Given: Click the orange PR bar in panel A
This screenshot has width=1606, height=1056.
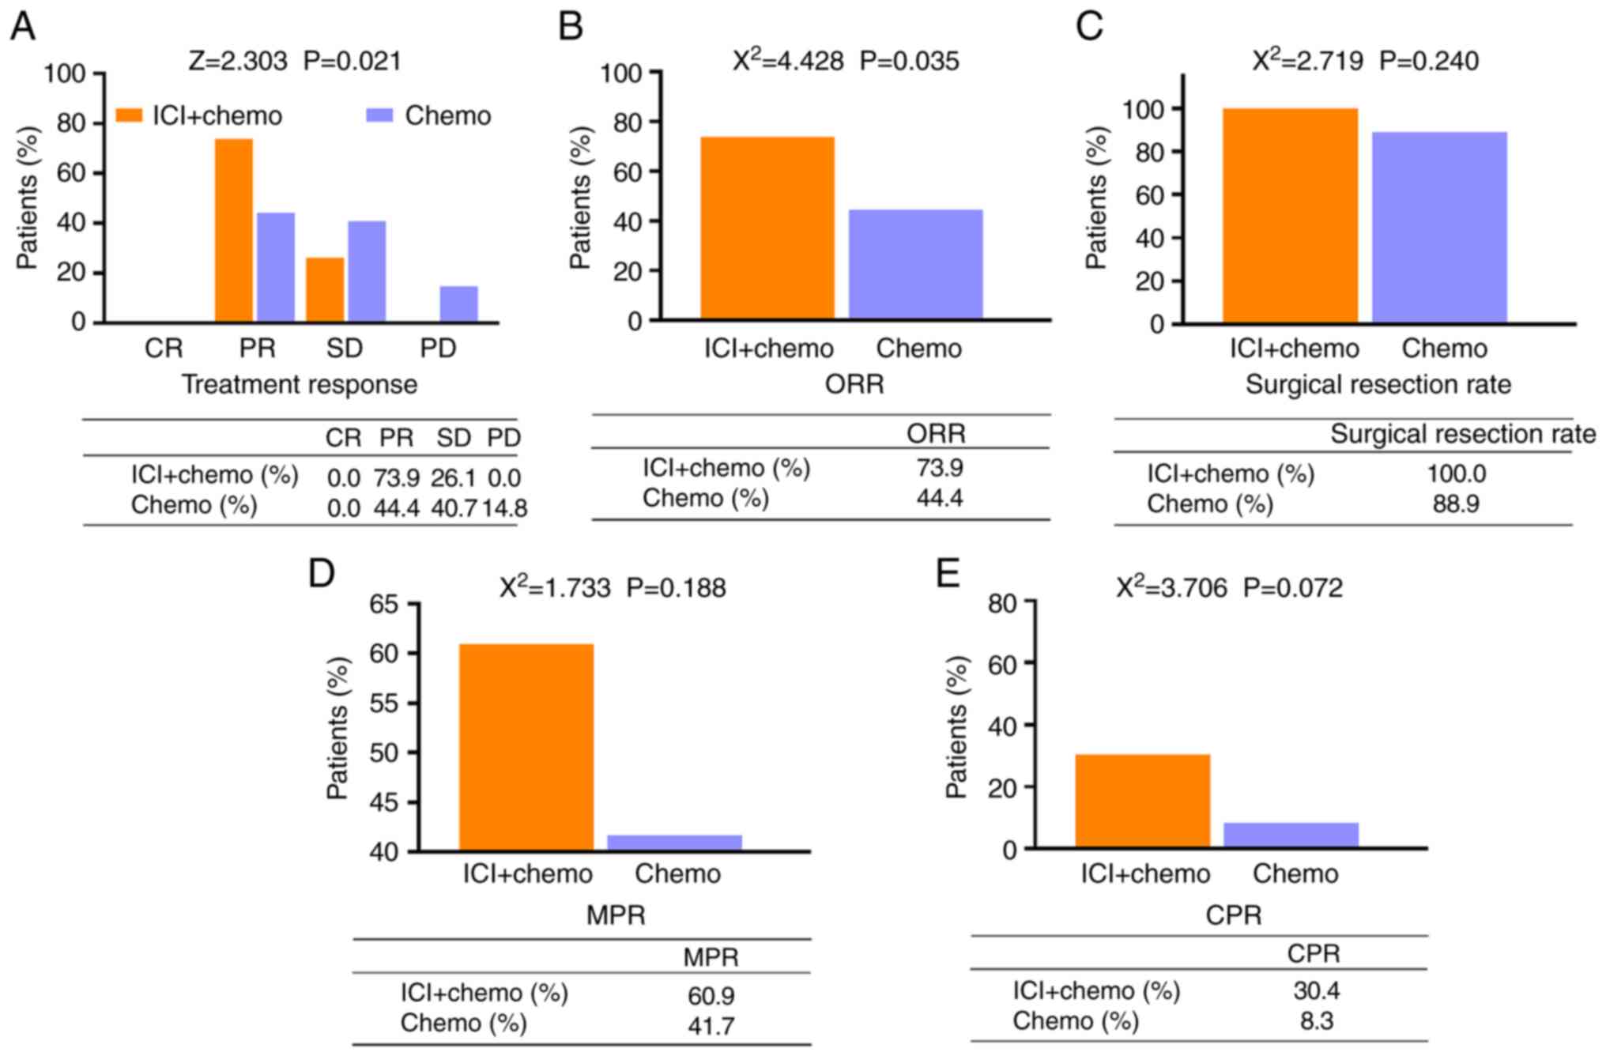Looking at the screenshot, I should [234, 230].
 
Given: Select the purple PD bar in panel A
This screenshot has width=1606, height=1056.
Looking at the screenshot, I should [458, 304].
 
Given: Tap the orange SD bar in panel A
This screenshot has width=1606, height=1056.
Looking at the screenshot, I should [325, 289].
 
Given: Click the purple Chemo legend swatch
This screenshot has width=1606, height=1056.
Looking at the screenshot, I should [379, 115].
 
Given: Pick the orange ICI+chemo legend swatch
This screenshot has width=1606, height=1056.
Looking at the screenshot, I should [129, 115].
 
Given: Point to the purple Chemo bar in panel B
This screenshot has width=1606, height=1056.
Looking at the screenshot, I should [915, 264].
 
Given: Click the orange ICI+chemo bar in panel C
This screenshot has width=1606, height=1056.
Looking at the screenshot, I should [1290, 215].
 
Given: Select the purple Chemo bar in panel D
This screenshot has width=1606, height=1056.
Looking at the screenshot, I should [674, 843].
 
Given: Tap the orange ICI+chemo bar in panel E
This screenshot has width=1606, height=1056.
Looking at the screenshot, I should [1142, 801].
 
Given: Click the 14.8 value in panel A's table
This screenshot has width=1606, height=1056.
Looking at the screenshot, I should [505, 507].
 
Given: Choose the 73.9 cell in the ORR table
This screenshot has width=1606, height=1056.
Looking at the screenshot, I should [939, 468].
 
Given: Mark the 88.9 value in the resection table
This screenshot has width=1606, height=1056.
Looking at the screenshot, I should [1456, 504].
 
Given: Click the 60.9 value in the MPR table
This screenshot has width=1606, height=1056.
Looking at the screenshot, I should [711, 995].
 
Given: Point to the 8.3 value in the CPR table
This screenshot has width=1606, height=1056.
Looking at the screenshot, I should [1316, 1021].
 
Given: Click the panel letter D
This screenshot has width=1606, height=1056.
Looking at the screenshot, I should [322, 574].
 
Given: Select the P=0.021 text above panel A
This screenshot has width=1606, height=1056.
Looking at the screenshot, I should [352, 62].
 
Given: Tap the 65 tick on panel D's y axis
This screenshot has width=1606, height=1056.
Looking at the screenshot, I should [384, 604].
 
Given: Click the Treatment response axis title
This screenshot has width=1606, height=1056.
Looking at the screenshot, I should [300, 385].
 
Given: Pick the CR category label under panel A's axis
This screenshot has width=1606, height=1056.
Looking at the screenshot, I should [164, 349].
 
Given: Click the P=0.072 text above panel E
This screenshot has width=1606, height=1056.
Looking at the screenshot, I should [1292, 588].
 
